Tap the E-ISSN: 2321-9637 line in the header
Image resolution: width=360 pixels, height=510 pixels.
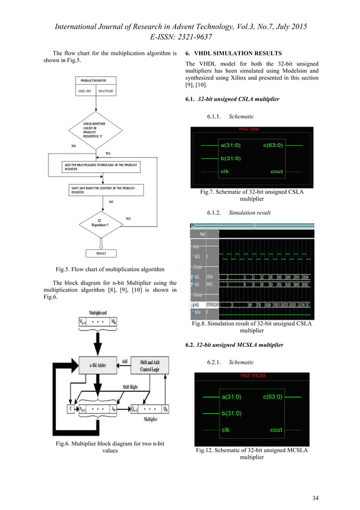click(x=180, y=36)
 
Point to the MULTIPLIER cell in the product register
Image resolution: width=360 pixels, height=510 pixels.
click(x=105, y=90)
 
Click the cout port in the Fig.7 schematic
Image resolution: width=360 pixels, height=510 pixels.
click(x=276, y=172)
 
